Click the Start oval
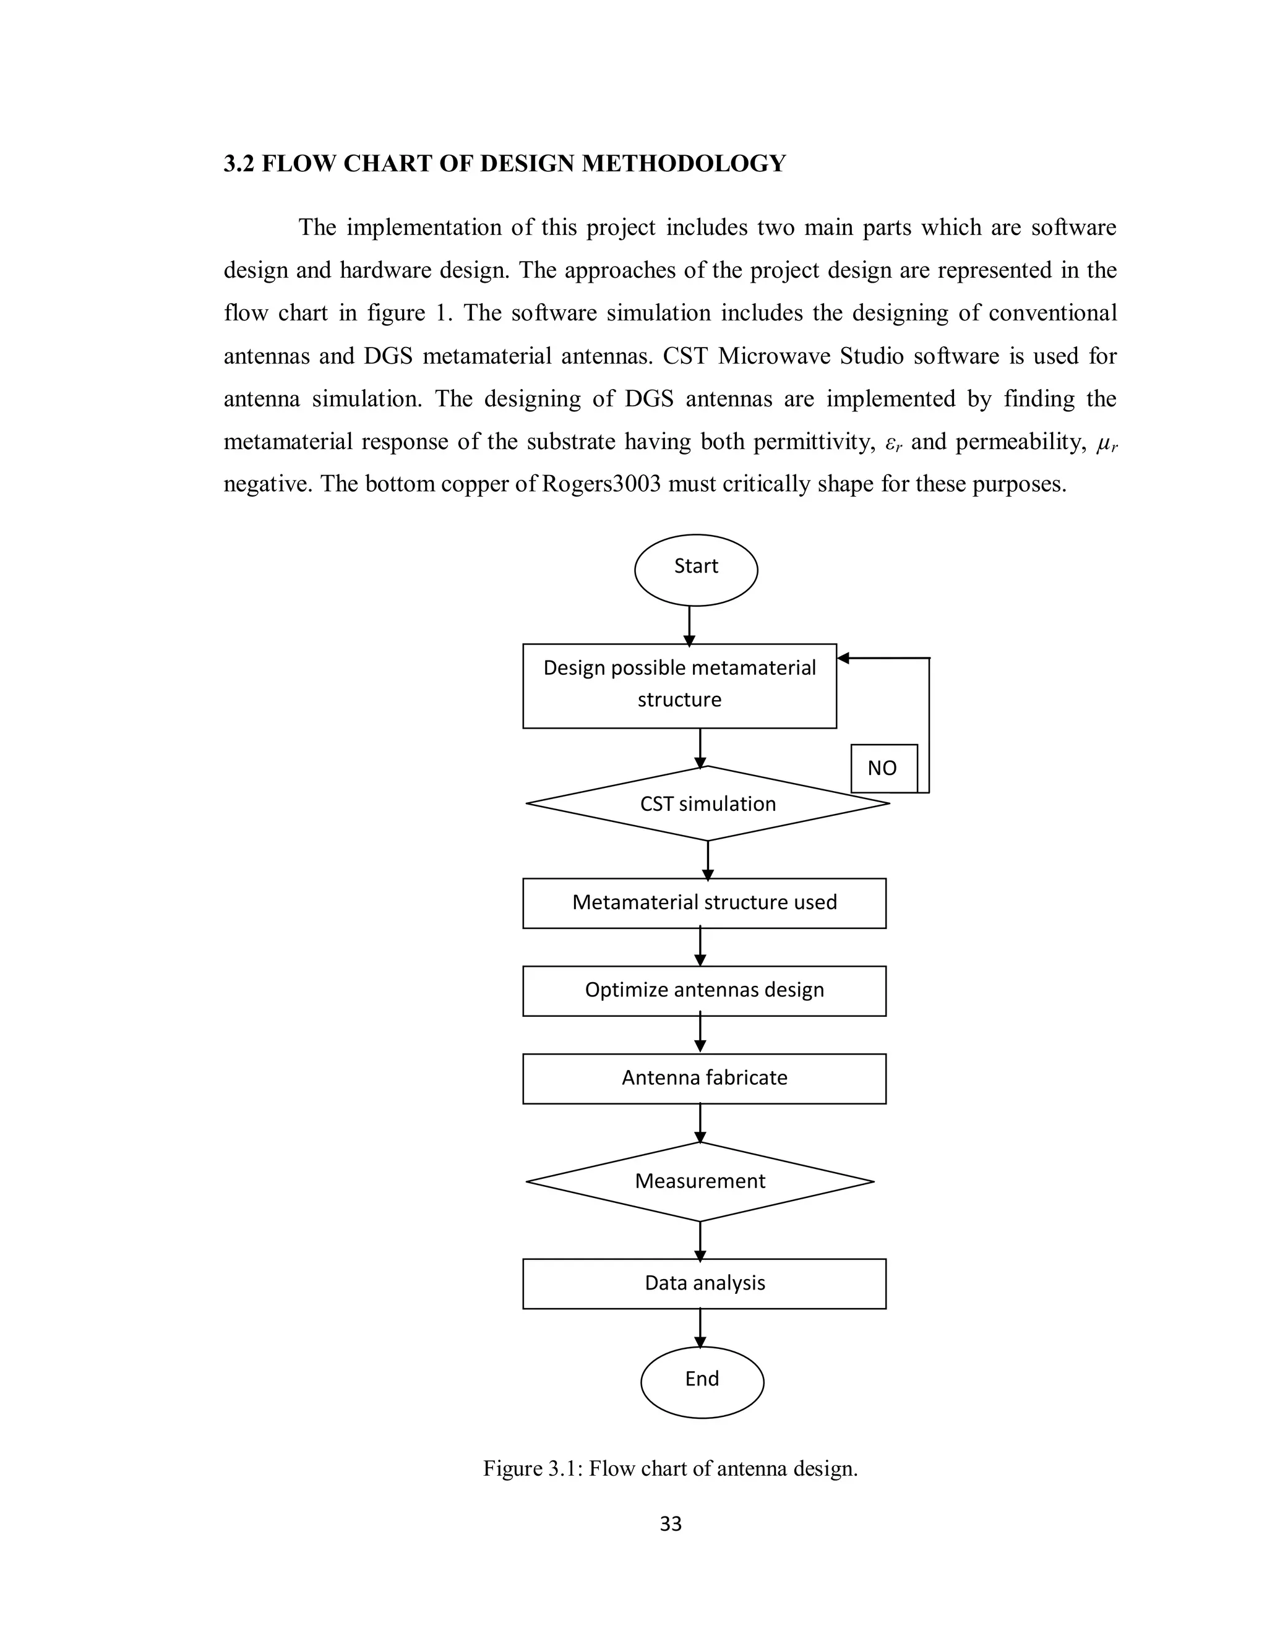pyautogui.click(x=696, y=570)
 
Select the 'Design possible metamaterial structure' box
pyautogui.click(x=679, y=685)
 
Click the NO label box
pyautogui.click(x=883, y=768)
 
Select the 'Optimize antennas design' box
pyautogui.click(x=704, y=991)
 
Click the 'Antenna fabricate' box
pyautogui.click(x=704, y=1079)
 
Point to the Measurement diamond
pyautogui.click(x=700, y=1181)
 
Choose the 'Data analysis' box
pyautogui.click(x=704, y=1283)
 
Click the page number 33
pyautogui.click(x=670, y=1523)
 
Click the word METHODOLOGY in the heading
pyautogui.click(x=683, y=164)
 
